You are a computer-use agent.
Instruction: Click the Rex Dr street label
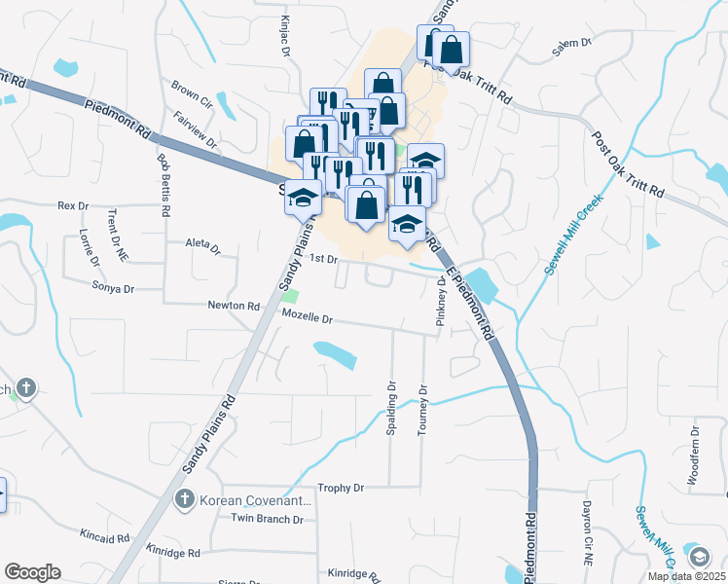point(73,205)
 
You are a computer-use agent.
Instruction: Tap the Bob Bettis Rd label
point(164,184)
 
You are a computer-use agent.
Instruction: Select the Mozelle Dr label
point(308,318)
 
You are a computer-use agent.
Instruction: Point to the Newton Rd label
point(234,306)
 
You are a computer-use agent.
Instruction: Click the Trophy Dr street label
point(341,488)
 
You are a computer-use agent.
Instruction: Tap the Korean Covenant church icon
point(183,500)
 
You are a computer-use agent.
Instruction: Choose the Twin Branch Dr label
point(267,519)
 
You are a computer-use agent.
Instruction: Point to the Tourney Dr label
point(422,410)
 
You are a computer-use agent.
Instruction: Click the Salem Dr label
point(572,43)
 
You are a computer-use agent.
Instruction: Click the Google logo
point(33,572)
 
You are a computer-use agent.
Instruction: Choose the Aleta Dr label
point(203,244)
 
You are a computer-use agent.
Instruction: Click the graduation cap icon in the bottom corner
point(699,557)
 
